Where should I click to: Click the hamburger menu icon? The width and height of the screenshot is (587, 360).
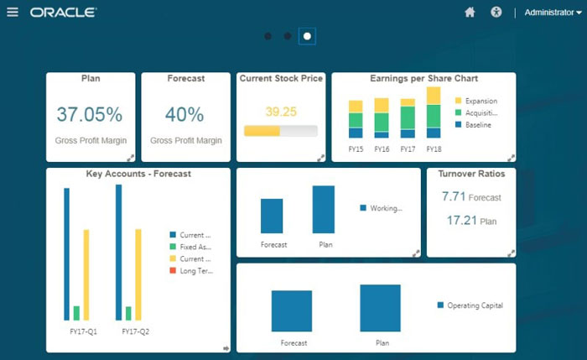point(13,13)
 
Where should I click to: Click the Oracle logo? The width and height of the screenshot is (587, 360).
point(63,13)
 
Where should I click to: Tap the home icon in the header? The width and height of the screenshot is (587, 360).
point(470,13)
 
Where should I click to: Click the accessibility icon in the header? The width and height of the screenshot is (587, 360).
point(496,13)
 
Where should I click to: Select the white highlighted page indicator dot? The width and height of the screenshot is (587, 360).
point(307,36)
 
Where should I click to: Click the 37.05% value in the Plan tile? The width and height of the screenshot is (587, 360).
point(90,114)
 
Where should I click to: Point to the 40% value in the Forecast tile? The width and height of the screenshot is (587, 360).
point(184,114)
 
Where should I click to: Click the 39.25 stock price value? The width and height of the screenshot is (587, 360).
point(281,111)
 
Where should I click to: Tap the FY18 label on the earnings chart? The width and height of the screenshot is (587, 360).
point(434,149)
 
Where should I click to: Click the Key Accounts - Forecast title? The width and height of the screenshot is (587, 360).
point(138,175)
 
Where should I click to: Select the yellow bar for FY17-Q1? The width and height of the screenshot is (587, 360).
point(86,274)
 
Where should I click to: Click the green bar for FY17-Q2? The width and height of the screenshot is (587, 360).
point(128,313)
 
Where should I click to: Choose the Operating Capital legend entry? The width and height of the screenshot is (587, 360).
point(470,305)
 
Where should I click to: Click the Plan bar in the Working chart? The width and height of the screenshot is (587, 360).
point(324,210)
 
